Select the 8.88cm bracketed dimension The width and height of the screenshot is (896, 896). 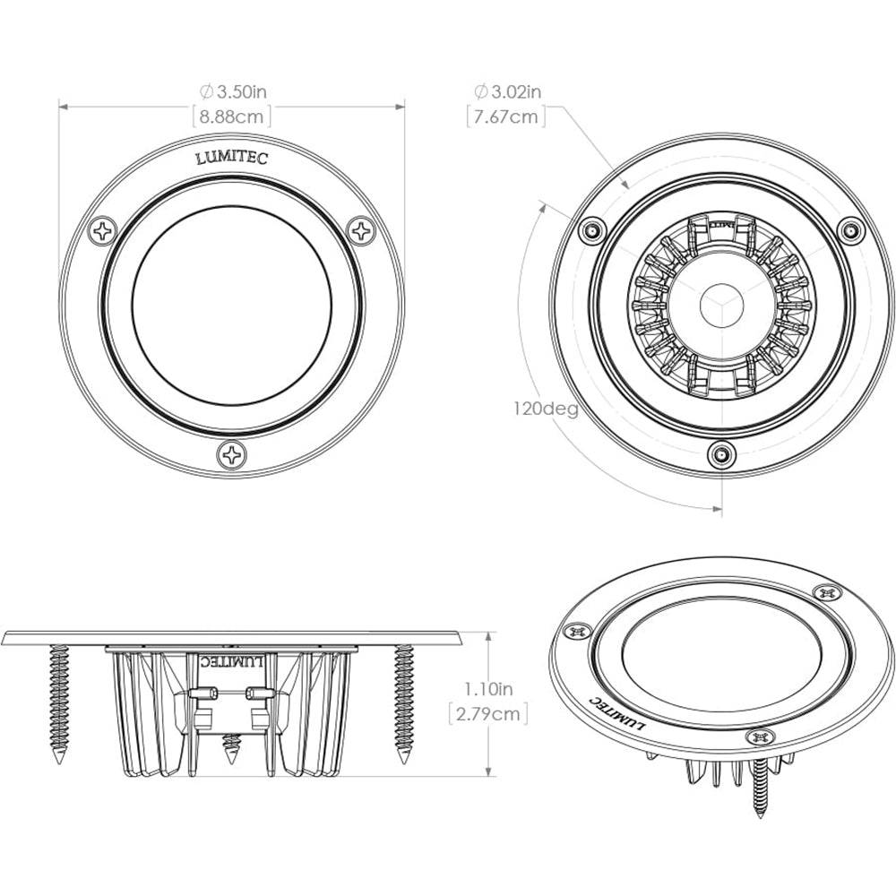coord(232,116)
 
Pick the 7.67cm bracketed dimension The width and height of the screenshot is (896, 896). coord(506,116)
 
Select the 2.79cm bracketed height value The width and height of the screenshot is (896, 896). coord(487,713)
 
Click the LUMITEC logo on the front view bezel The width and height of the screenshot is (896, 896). coord(231,158)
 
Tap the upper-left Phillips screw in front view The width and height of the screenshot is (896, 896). coord(103,231)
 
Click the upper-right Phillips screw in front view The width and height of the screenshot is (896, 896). coord(361,231)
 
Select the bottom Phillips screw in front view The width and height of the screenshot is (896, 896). coord(232,454)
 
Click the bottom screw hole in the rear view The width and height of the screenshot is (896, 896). coord(719,455)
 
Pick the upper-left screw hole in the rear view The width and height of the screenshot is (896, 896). coord(590,230)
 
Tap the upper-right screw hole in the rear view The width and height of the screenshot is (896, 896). coord(849,230)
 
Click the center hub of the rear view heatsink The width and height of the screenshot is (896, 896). coord(719,304)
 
